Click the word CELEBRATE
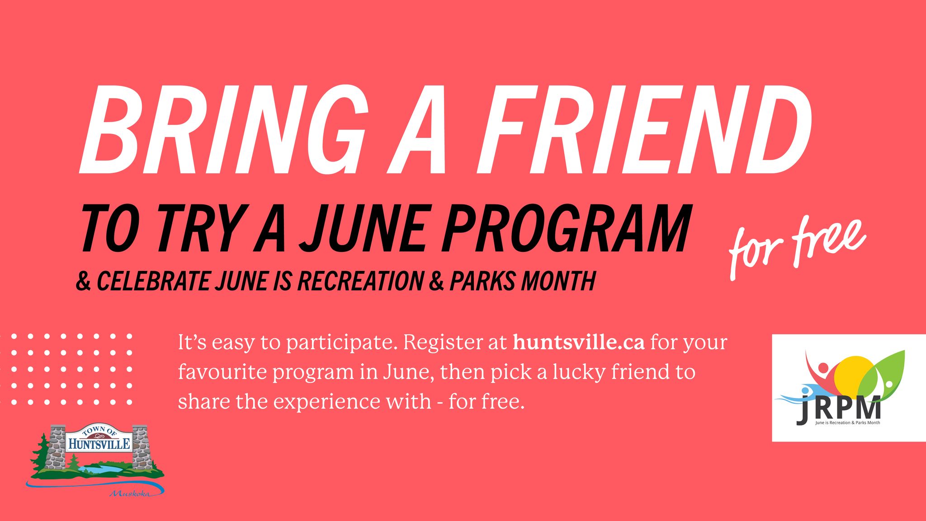[153, 281]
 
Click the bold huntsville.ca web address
[578, 342]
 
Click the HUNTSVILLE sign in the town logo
[99, 443]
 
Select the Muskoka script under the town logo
[130, 493]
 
